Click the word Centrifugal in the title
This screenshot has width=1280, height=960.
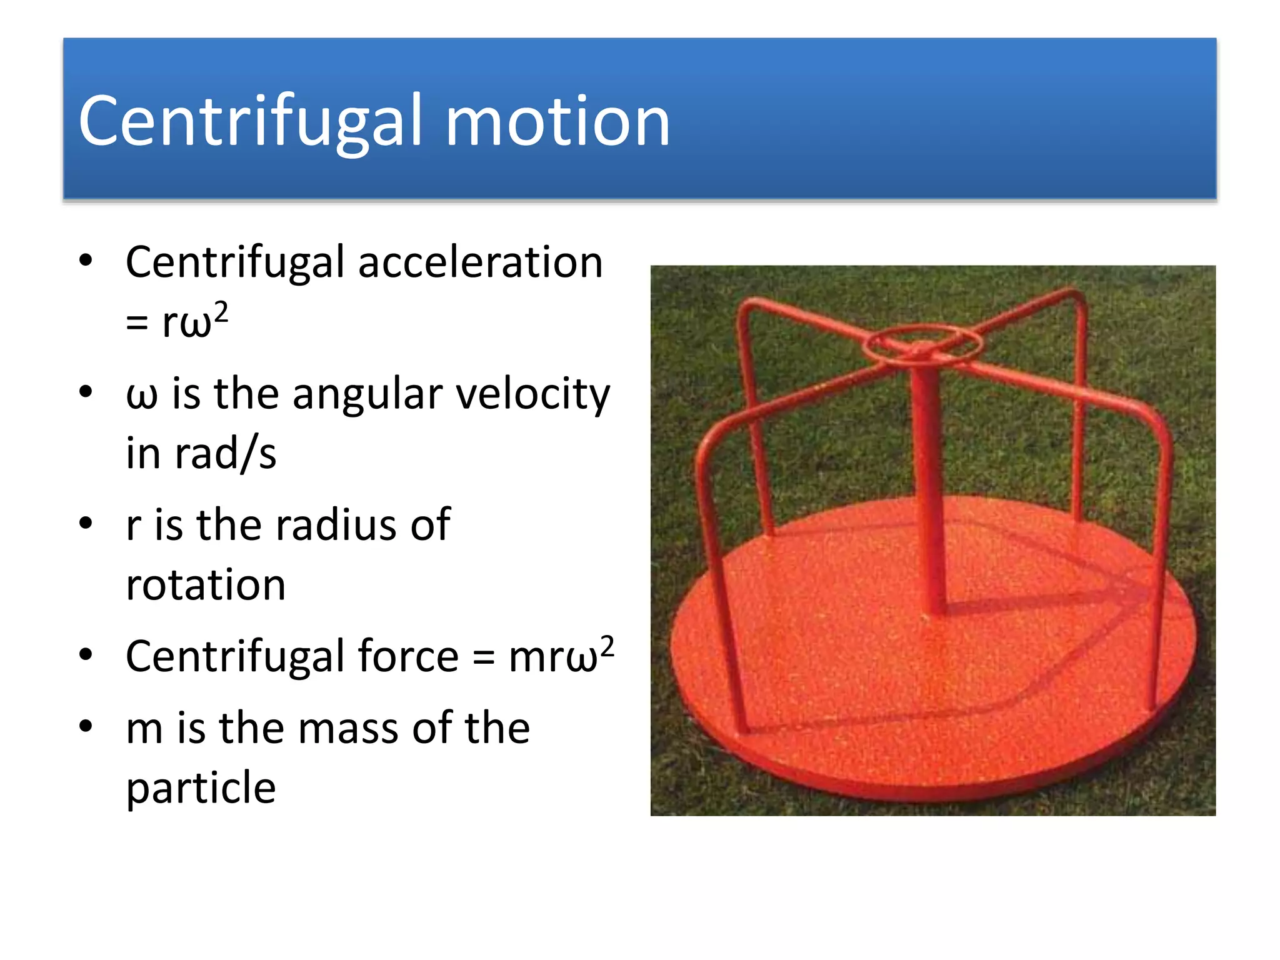click(251, 122)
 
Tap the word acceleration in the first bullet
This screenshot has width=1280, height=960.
click(480, 262)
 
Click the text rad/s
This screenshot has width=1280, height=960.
click(225, 454)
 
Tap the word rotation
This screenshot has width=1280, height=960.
click(206, 586)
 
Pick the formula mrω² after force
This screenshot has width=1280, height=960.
click(561, 656)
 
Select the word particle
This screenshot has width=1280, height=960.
click(201, 788)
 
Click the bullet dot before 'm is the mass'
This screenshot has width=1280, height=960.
click(86, 726)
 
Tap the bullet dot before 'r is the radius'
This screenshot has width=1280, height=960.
click(86, 523)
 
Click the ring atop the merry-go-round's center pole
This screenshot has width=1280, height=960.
click(922, 344)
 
